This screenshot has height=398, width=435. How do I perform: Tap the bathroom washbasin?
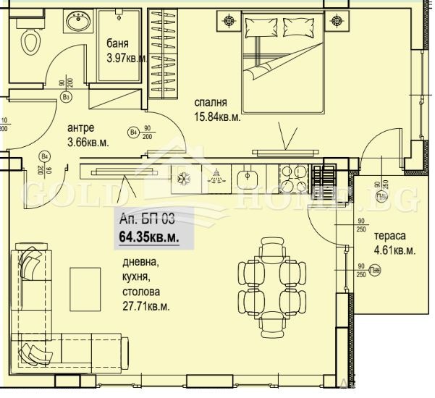click(x=77, y=24)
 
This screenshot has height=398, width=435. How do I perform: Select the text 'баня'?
click(x=118, y=42)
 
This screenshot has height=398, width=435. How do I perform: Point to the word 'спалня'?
click(x=211, y=103)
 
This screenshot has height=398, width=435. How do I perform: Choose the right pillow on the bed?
click(x=296, y=27)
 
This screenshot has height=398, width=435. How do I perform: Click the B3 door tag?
click(x=66, y=97)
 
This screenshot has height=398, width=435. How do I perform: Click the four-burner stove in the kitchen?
click(x=294, y=177)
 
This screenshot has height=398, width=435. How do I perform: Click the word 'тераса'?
click(x=389, y=237)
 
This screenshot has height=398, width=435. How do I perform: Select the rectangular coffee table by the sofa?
click(x=85, y=287)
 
